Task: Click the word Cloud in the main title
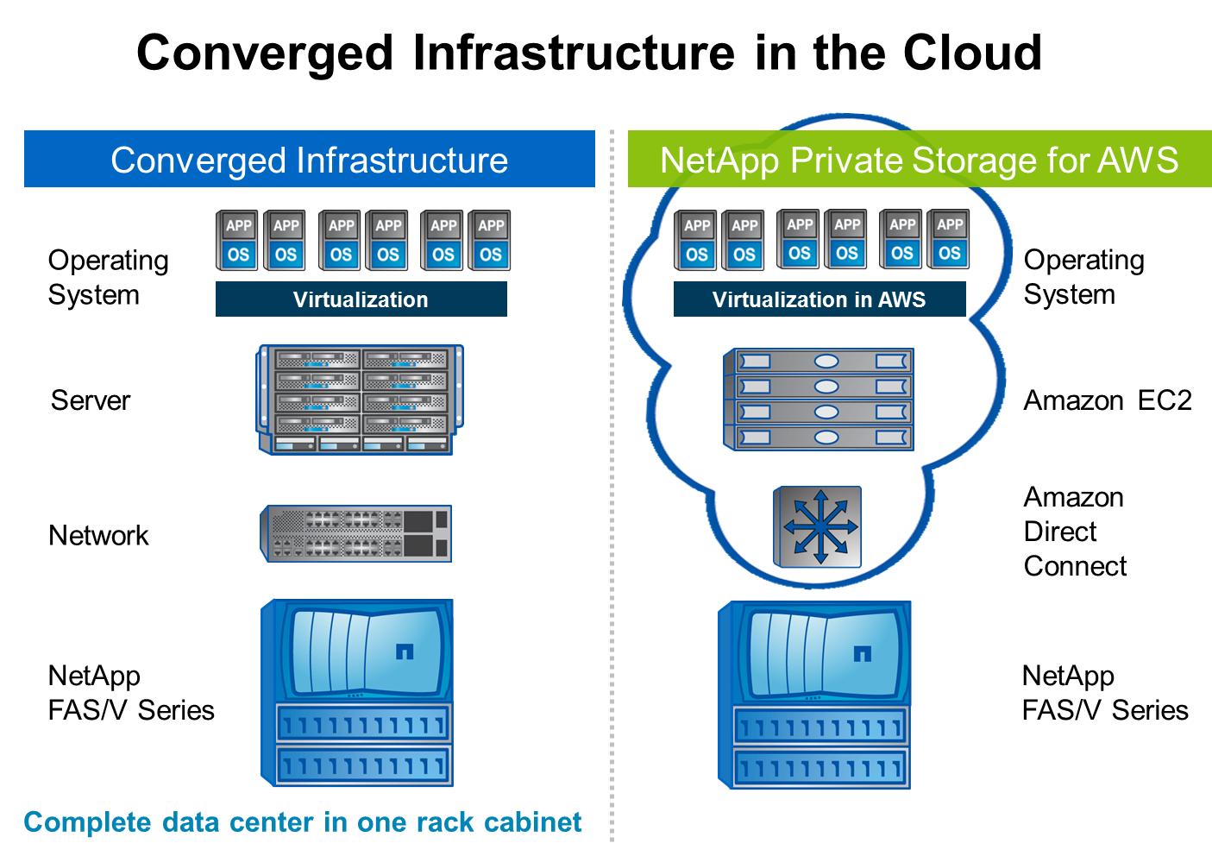click(972, 53)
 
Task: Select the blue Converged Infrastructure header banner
click(309, 160)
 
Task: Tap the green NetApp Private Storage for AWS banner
click(919, 160)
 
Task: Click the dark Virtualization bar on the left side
click(361, 299)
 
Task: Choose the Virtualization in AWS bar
click(819, 299)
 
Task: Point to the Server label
click(91, 400)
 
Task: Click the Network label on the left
click(98, 535)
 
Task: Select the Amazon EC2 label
click(1107, 400)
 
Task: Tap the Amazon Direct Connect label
click(1075, 532)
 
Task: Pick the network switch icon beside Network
click(355, 534)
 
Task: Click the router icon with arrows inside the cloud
click(818, 526)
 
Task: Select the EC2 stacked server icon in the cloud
click(818, 400)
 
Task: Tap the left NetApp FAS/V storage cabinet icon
click(357, 693)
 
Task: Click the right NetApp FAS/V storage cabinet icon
click(814, 695)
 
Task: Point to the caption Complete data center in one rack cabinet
click(302, 822)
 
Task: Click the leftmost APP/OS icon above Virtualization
click(237, 241)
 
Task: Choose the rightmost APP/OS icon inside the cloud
click(949, 239)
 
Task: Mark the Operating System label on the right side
click(1083, 277)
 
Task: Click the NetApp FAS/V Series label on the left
click(130, 693)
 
